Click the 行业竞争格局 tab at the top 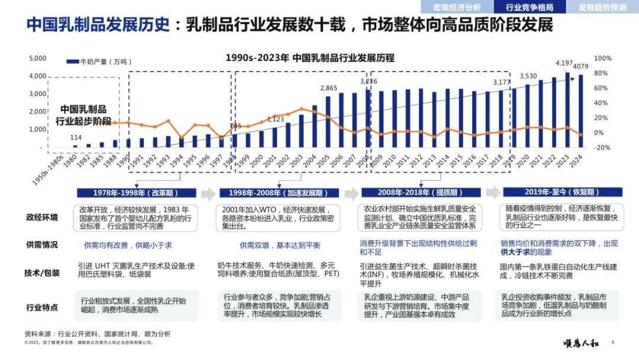coord(530,7)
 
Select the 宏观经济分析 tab coord(457,7)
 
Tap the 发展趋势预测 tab coord(602,7)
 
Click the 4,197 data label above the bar coord(564,63)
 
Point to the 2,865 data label coord(329,88)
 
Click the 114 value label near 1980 coord(76,138)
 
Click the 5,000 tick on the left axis coord(38,58)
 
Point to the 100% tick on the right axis coord(602,58)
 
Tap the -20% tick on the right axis coord(602,147)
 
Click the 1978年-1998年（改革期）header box coord(137,193)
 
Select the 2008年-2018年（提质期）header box coord(421,193)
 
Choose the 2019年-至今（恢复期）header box coord(562,192)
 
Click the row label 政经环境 coord(42,217)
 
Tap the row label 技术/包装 coord(42,273)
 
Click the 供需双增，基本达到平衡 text coord(280,245)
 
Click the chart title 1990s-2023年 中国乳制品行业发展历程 coord(310,58)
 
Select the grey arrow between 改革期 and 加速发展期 coord(207,194)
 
